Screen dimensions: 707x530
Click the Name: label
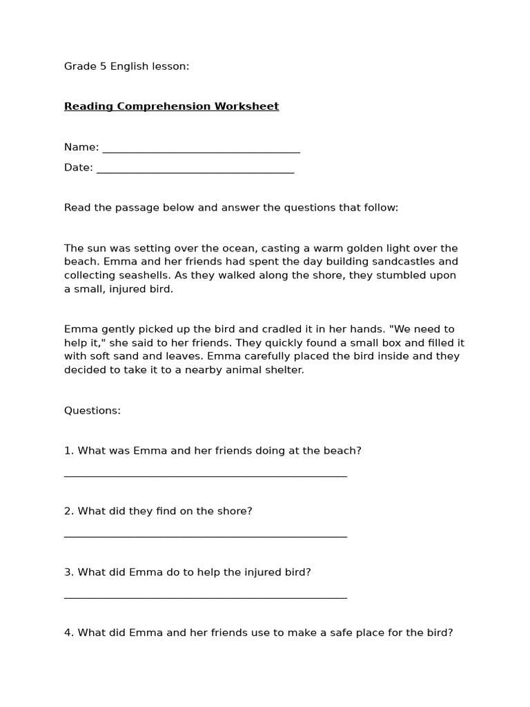81,147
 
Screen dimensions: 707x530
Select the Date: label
79,168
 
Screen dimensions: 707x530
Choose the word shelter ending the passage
284,370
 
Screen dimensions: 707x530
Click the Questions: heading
92,411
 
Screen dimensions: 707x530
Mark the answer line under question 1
205,475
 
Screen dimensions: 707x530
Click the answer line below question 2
205,536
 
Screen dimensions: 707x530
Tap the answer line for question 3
205,597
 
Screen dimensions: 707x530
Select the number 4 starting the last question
68,632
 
